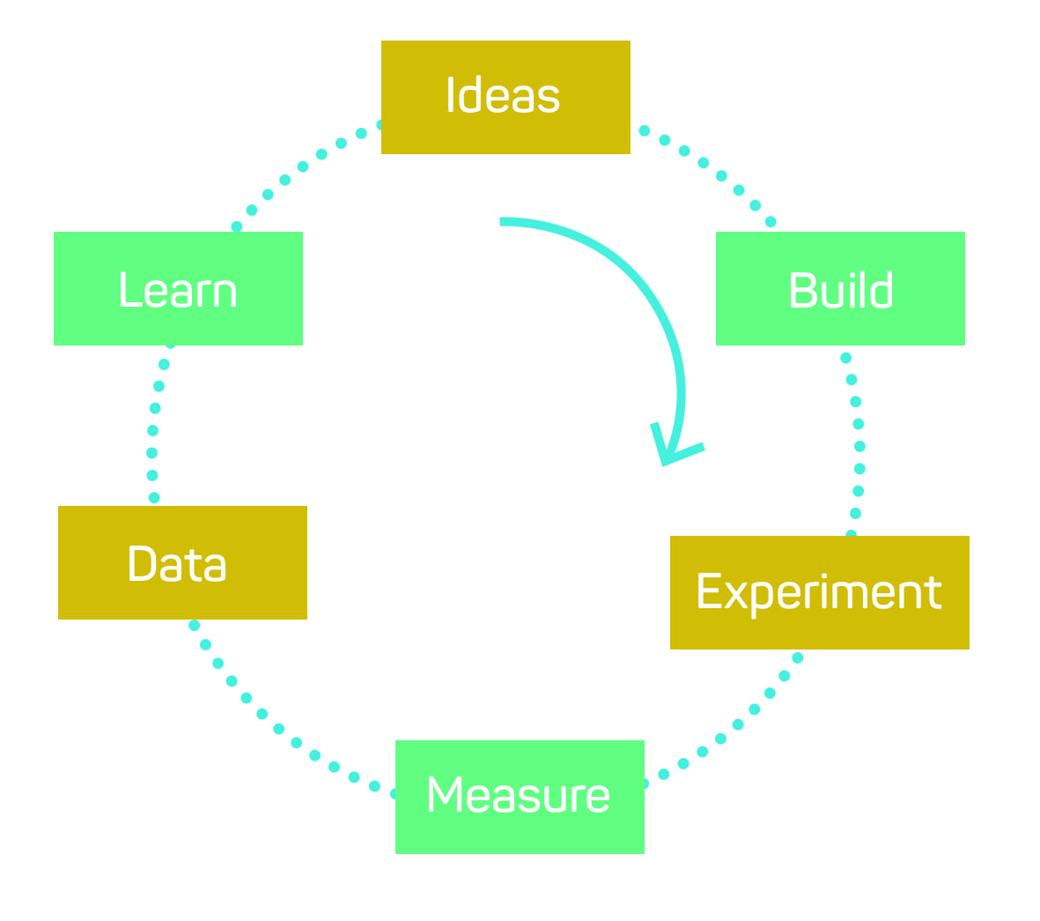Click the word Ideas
[503, 95]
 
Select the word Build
[841, 291]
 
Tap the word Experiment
[819, 591]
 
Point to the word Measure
[518, 795]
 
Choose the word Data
[177, 564]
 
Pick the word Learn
[178, 291]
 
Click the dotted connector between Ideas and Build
[703, 163]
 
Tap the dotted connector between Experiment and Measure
[738, 724]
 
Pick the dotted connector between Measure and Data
[278, 728]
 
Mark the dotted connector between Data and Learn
[153, 430]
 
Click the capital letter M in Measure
[444, 794]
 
